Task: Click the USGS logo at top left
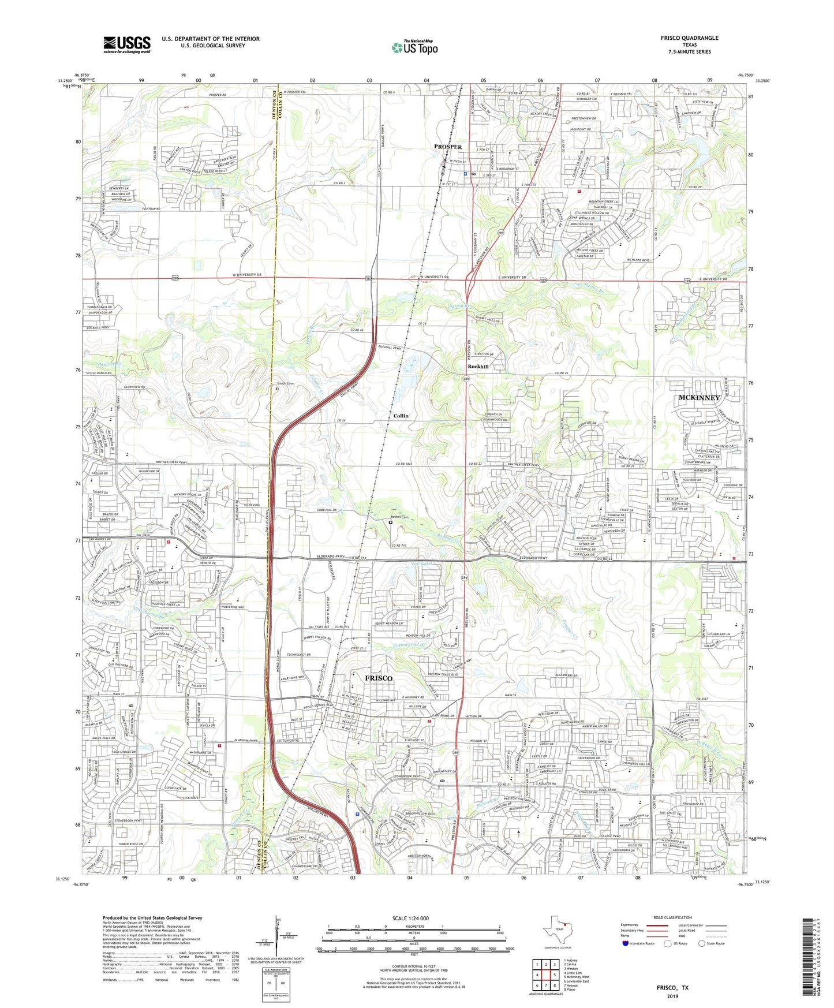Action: (x=127, y=44)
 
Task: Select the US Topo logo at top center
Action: (x=414, y=48)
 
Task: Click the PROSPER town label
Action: (x=448, y=147)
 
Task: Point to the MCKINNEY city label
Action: (x=699, y=398)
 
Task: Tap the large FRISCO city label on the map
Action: (x=378, y=678)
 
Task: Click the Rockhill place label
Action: (x=478, y=367)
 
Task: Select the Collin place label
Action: (x=401, y=416)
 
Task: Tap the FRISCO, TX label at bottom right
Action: (x=672, y=988)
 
